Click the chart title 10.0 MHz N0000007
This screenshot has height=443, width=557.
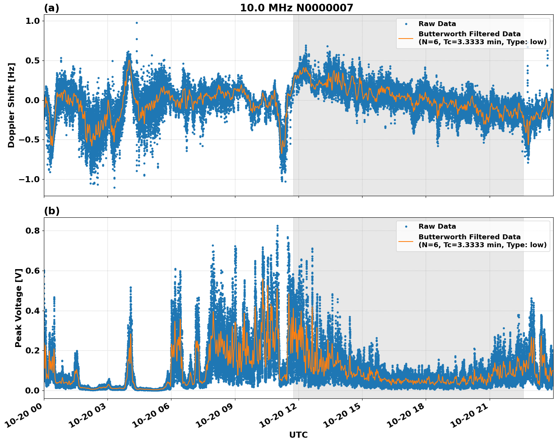pyautogui.click(x=296, y=8)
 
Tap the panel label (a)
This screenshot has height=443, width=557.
pyautogui.click(x=51, y=8)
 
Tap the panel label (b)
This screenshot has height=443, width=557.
pyautogui.click(x=51, y=211)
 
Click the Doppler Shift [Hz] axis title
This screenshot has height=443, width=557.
pyautogui.click(x=11, y=105)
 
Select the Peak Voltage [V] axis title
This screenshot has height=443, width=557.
pyautogui.click(x=19, y=308)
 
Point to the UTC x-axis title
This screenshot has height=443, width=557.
pyautogui.click(x=298, y=435)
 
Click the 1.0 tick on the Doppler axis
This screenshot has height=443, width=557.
pyautogui.click(x=33, y=21)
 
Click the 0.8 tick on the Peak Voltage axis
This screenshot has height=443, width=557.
pyautogui.click(x=33, y=231)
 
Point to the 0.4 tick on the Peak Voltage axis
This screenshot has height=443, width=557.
pyautogui.click(x=33, y=311)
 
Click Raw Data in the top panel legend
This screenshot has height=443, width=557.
pyautogui.click(x=437, y=24)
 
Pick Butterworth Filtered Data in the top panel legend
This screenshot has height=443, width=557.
pyautogui.click(x=469, y=34)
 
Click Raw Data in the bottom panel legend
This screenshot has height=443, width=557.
pyautogui.click(x=437, y=226)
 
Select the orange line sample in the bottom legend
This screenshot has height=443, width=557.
pyautogui.click(x=406, y=241)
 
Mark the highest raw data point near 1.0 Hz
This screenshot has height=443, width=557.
pyautogui.click(x=137, y=23)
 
